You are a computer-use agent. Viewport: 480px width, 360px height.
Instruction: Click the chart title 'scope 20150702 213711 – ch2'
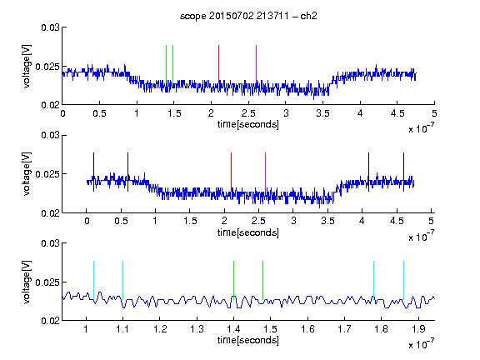(248, 16)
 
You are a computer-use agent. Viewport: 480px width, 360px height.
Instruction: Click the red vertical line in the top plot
(218, 63)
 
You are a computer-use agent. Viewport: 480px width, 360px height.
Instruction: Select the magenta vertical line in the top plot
(256, 63)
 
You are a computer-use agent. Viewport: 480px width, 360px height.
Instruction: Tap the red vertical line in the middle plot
(231, 172)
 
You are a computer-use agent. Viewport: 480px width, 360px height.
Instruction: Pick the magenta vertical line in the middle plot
(265, 172)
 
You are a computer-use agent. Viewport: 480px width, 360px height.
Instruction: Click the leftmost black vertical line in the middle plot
(93, 172)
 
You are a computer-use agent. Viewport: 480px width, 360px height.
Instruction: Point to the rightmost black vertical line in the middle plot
(403, 172)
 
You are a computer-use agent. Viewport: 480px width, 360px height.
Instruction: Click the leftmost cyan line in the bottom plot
(93, 280)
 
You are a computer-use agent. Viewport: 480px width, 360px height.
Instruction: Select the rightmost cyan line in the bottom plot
(403, 280)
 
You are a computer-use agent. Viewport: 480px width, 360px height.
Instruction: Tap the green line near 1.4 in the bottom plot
(233, 280)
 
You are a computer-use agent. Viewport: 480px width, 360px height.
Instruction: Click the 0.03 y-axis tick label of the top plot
(50, 27)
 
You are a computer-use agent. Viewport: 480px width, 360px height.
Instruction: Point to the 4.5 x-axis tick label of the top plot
(397, 113)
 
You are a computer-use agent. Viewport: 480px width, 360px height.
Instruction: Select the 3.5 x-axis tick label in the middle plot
(327, 221)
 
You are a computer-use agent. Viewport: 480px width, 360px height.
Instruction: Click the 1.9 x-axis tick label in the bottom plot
(418, 329)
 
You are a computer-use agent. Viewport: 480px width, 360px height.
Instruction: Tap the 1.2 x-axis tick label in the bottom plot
(160, 329)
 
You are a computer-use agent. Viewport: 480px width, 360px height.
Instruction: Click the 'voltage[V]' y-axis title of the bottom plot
(27, 282)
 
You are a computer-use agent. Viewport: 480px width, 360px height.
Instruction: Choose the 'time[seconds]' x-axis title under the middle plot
(248, 232)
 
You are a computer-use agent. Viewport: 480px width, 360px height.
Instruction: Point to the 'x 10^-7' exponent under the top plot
(421, 128)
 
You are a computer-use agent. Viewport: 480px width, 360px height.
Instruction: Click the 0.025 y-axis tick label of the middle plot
(47, 174)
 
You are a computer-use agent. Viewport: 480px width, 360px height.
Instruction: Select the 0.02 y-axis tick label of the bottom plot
(50, 321)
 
